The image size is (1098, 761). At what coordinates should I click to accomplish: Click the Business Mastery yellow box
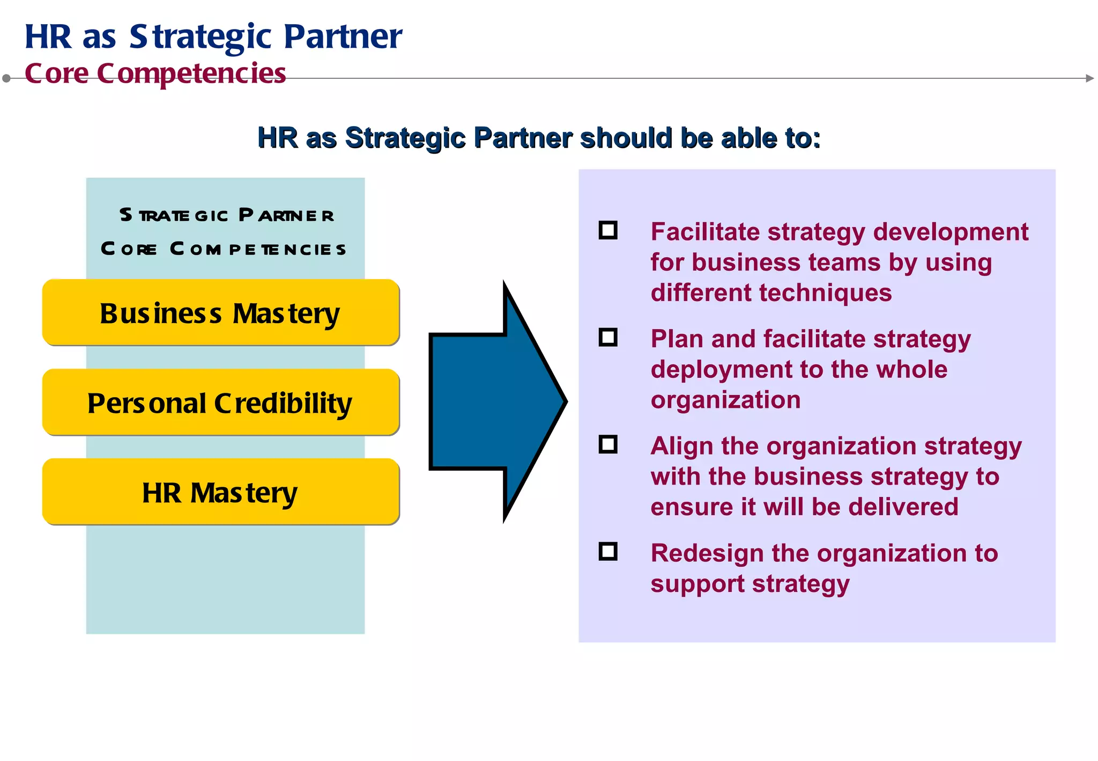pyautogui.click(x=220, y=312)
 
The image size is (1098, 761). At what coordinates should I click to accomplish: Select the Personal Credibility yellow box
pyautogui.click(x=220, y=403)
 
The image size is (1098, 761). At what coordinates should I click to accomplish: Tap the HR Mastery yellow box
pyautogui.click(x=220, y=492)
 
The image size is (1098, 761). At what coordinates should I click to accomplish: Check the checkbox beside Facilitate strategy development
pyautogui.click(x=608, y=231)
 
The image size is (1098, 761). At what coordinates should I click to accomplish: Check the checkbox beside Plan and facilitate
pyautogui.click(x=608, y=338)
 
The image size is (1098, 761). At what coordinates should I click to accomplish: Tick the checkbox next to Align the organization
pyautogui.click(x=608, y=445)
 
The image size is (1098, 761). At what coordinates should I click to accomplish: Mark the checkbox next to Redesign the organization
pyautogui.click(x=608, y=552)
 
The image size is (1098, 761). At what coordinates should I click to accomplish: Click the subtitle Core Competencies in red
pyautogui.click(x=155, y=74)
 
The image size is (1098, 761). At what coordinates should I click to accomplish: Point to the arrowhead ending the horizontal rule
pyautogui.click(x=1089, y=78)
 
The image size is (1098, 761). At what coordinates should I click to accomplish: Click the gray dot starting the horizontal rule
pyautogui.click(x=6, y=78)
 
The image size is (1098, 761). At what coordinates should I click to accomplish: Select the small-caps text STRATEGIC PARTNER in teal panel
pyautogui.click(x=227, y=215)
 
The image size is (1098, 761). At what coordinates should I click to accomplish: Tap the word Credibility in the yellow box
pyautogui.click(x=283, y=404)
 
